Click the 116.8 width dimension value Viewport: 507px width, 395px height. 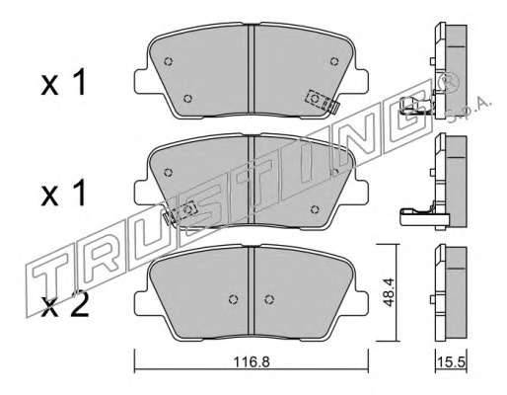point(252,362)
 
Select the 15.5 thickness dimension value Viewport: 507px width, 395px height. point(451,362)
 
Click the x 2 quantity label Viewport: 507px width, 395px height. point(65,305)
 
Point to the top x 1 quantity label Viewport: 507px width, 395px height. point(63,82)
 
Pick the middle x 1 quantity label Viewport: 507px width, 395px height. point(63,194)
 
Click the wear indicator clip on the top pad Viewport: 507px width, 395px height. point(322,101)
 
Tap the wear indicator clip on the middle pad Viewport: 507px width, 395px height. point(180,212)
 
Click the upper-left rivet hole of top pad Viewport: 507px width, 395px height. point(169,61)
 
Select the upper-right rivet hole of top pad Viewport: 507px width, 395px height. point(334,61)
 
